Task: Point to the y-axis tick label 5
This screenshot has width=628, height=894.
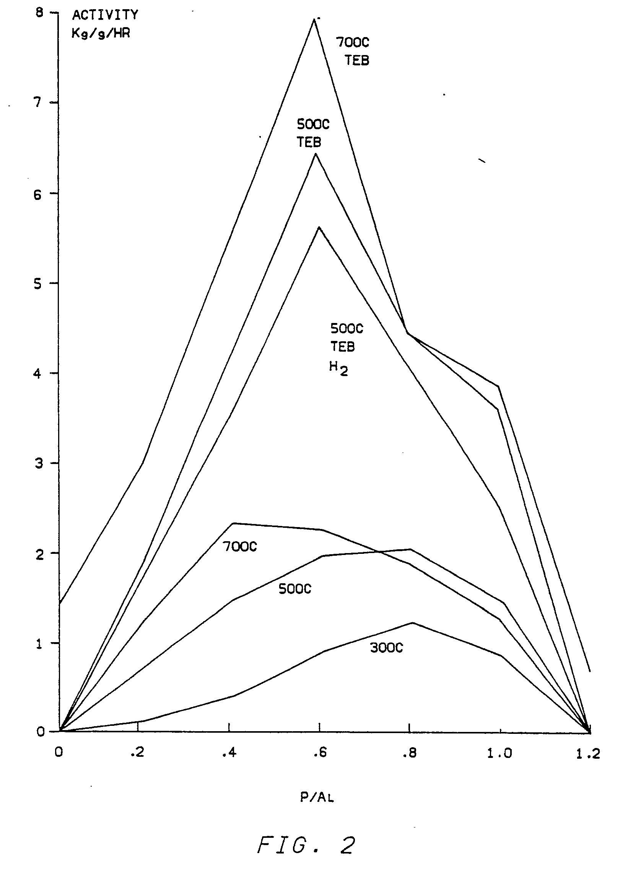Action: pos(37,284)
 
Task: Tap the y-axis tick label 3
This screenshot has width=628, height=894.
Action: pos(37,464)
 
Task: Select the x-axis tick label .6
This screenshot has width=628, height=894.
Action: pos(319,753)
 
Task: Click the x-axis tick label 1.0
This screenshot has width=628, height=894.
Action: pos(499,753)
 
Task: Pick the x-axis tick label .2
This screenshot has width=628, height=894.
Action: pos(137,753)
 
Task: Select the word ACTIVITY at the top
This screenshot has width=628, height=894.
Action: pos(105,15)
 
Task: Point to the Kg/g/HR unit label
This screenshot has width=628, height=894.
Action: pos(101,34)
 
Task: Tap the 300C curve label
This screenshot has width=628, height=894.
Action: pos(386,648)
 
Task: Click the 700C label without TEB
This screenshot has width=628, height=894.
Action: pos(240,547)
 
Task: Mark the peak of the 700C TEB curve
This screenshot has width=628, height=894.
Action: pos(314,19)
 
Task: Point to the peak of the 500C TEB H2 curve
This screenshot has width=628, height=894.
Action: pos(319,227)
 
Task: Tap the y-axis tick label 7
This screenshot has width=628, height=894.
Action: pos(37,103)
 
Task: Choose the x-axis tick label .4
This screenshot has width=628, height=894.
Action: pos(229,753)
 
